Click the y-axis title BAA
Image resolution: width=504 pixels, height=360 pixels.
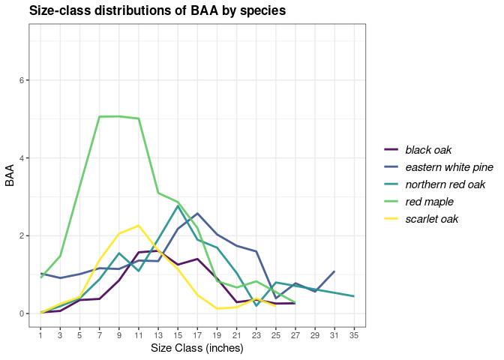click(10, 176)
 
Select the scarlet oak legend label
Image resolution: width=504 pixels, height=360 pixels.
click(431, 220)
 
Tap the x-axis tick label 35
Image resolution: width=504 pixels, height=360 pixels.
click(353, 334)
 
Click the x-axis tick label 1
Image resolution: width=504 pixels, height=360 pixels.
click(40, 334)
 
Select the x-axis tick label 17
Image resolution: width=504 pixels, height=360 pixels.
click(197, 334)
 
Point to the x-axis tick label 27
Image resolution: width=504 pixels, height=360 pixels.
click(295, 334)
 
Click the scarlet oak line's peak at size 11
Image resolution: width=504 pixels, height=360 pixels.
click(139, 226)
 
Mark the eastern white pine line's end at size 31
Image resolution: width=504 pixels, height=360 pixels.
click(334, 271)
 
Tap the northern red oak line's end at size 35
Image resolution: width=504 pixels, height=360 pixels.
click(353, 296)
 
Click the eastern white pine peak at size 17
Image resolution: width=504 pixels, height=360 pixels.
click(197, 213)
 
